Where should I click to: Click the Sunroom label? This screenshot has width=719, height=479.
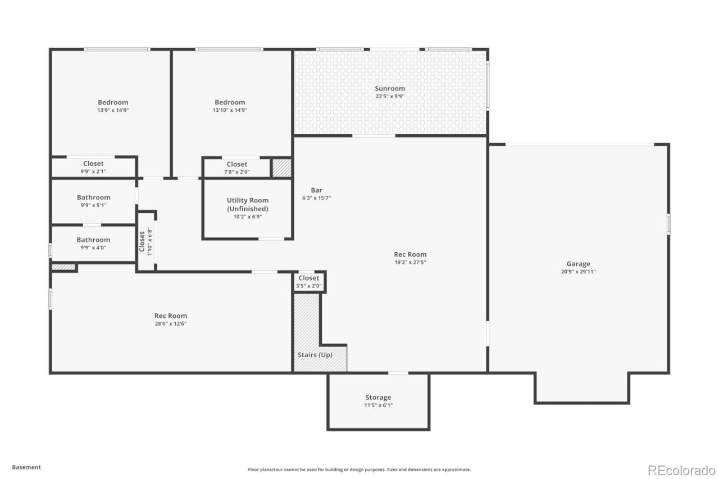pos(390,89)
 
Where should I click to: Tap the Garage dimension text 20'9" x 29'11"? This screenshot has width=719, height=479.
pos(578,272)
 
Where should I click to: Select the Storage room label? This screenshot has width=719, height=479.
pos(378,397)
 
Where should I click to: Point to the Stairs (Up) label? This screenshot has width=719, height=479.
pos(315,355)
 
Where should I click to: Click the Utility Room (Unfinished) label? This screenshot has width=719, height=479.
pos(248,204)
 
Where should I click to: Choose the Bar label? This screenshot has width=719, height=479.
pos(316,190)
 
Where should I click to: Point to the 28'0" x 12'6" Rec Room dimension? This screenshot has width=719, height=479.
pos(170,323)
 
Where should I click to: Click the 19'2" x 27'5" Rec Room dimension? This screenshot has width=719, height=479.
pos(410,262)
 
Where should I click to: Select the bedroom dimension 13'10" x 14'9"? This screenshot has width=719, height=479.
pos(230,111)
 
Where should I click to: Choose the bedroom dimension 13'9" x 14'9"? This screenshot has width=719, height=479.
pos(113,111)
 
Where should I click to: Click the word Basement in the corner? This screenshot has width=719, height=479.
pos(26,467)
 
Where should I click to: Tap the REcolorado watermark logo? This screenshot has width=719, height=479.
pos(681,471)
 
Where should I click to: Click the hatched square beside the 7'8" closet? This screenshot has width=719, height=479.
pos(281,167)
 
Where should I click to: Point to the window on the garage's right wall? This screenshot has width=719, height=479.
pos(668,224)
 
